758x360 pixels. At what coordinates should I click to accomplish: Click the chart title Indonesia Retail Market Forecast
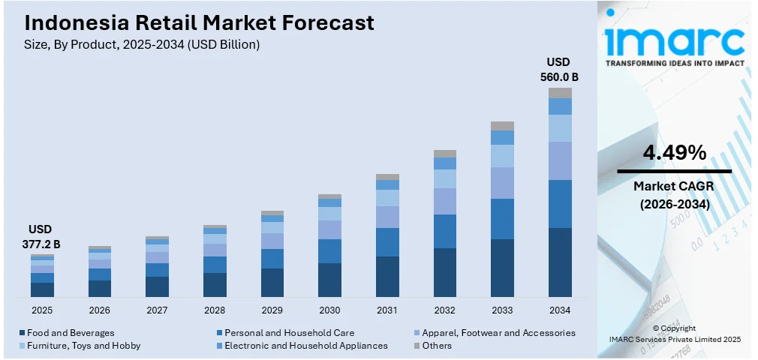pyautogui.click(x=194, y=23)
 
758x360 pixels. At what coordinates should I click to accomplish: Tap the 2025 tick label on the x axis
pyautogui.click(x=42, y=310)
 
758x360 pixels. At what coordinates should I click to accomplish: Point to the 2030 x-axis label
pyautogui.click(x=329, y=310)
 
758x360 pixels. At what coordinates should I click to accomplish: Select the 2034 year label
pyautogui.click(x=560, y=310)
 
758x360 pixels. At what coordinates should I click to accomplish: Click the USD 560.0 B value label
pyautogui.click(x=559, y=69)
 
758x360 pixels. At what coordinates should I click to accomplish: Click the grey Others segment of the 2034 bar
pyautogui.click(x=560, y=93)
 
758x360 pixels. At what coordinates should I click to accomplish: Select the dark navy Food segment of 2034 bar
pyautogui.click(x=560, y=262)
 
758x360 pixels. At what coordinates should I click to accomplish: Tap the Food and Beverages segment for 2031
pyautogui.click(x=387, y=276)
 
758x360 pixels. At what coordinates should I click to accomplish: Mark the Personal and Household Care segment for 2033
pyautogui.click(x=502, y=219)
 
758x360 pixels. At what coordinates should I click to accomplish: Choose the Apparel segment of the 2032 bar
pyautogui.click(x=445, y=201)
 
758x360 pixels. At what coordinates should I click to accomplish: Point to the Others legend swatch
pyautogui.click(x=417, y=346)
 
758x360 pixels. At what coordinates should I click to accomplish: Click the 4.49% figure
pyautogui.click(x=674, y=153)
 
